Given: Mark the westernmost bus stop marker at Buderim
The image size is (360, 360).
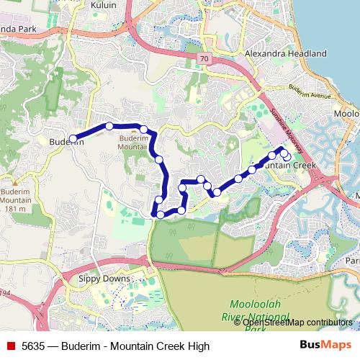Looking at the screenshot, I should pyautogui.click(x=73, y=139).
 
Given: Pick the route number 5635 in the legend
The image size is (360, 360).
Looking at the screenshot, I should pyautogui.click(x=34, y=346).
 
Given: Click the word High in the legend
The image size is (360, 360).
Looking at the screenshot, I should pyautogui.click(x=198, y=346).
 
